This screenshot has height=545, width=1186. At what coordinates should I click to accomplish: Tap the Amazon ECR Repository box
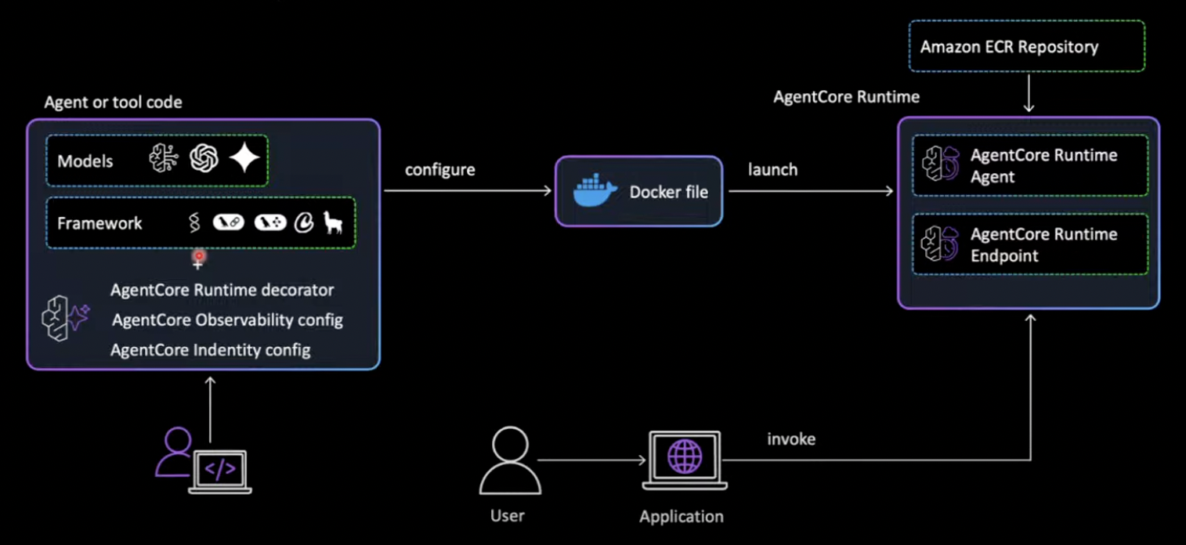click(x=1026, y=47)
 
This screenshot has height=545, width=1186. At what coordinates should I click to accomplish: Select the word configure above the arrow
click(x=440, y=170)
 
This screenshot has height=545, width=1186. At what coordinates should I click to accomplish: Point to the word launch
click(x=772, y=170)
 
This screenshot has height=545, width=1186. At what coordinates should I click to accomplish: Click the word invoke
click(x=791, y=439)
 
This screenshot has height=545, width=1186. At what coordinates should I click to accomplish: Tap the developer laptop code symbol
click(x=220, y=469)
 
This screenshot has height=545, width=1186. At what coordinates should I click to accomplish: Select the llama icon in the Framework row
click(x=334, y=223)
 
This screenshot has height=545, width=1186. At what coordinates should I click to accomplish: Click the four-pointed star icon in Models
click(x=244, y=160)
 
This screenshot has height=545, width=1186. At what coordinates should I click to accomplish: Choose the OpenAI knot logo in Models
click(x=204, y=160)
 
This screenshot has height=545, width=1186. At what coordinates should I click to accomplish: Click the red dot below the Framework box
click(x=199, y=256)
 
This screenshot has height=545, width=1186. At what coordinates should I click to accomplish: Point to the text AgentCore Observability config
click(x=227, y=320)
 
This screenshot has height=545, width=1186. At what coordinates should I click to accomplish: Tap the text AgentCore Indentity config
click(x=210, y=350)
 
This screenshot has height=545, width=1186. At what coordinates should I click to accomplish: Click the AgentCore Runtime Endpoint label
click(x=1043, y=244)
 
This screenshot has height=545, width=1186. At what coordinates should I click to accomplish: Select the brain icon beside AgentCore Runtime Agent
click(x=938, y=165)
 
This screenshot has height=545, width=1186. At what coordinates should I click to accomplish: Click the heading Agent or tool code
click(x=113, y=103)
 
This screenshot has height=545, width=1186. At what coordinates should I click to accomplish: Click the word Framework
click(x=99, y=223)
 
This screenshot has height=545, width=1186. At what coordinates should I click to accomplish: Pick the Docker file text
click(x=668, y=192)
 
